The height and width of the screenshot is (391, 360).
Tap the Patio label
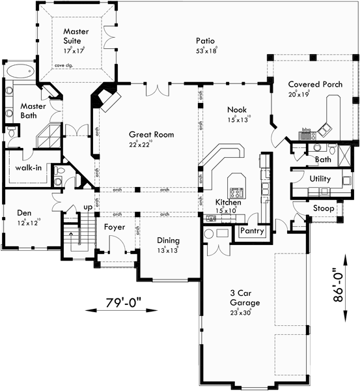click(206, 40)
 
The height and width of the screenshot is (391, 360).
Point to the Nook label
click(236, 109)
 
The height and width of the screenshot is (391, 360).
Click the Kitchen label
click(228, 203)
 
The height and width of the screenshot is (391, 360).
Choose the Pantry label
click(251, 231)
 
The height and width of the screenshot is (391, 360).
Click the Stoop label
click(324, 209)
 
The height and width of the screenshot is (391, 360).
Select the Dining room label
click(168, 240)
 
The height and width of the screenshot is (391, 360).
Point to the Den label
click(25, 212)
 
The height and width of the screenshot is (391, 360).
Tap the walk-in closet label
click(29, 168)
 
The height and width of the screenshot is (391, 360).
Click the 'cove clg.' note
click(64, 66)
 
